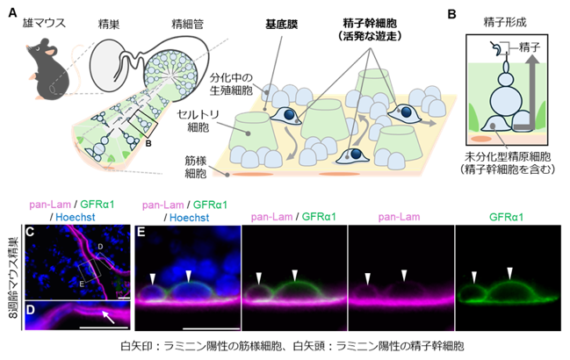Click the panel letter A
tap(12, 13)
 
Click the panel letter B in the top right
tap(451, 15)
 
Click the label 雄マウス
tap(44, 23)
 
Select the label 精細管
tap(187, 25)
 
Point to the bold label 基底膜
tap(281, 25)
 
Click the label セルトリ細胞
tap(198, 120)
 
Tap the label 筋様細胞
tap(196, 167)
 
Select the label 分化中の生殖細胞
tap(231, 84)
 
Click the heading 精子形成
tap(505, 23)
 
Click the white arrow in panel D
tap(109, 316)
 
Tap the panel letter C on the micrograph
tap(30, 232)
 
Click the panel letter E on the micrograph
tap(141, 232)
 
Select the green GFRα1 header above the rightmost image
tap(506, 217)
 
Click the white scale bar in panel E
tap(211, 328)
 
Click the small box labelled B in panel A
tap(143, 124)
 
